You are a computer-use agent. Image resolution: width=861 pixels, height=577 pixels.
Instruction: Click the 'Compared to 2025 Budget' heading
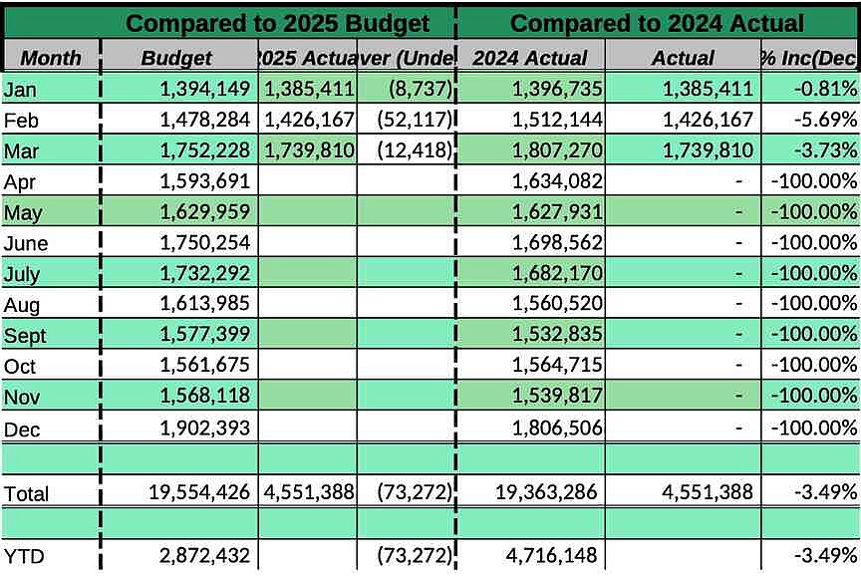pos(278,22)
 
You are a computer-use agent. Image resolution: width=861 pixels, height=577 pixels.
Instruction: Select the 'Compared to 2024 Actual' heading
pos(658,22)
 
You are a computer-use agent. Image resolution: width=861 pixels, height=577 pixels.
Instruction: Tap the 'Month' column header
pos(51,58)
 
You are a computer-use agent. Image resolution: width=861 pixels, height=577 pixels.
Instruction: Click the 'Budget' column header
pos(176,58)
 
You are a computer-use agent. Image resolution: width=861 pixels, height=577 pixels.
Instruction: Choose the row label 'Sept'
pos(26,336)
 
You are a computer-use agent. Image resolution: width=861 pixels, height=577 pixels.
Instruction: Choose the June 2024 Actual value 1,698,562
pos(554,243)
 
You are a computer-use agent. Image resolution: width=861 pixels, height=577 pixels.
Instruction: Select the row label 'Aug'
pos(23,305)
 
